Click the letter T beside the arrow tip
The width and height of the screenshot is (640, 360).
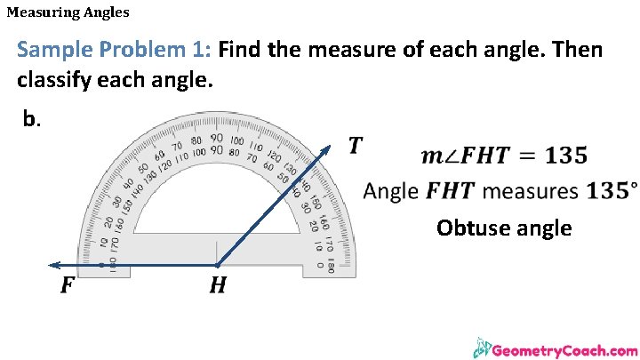(356, 145)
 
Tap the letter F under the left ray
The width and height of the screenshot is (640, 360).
(67, 286)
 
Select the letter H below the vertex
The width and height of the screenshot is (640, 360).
(217, 286)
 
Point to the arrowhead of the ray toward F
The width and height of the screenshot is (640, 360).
(53, 265)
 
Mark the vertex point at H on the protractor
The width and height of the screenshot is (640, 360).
(217, 265)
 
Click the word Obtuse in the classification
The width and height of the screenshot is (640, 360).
(469, 228)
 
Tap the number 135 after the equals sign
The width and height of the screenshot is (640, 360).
(565, 156)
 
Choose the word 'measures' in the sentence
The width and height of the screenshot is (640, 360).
(531, 191)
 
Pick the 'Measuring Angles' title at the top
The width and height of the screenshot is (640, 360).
(68, 12)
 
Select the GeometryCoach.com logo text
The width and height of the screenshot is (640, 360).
(564, 350)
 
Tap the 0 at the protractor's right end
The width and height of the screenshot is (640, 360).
(320, 264)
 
